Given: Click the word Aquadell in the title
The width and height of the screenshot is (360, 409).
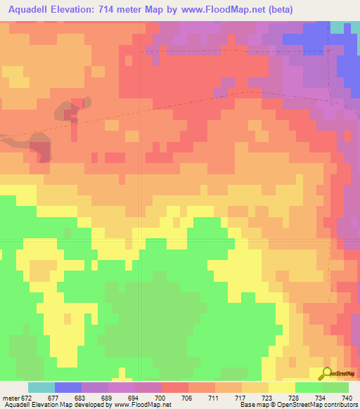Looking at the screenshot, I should [x=34, y=10].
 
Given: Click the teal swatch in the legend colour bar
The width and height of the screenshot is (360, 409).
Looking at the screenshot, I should [x=41, y=387].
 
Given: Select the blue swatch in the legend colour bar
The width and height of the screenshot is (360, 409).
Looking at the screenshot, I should [x=68, y=387].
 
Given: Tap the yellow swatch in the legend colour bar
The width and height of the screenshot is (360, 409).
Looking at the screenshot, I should [x=281, y=387].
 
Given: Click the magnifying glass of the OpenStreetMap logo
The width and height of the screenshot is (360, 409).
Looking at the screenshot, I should [x=327, y=373].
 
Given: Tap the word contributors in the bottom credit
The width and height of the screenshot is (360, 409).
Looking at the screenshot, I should [x=340, y=405].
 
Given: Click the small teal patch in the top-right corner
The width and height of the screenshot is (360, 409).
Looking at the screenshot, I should [x=339, y=27].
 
